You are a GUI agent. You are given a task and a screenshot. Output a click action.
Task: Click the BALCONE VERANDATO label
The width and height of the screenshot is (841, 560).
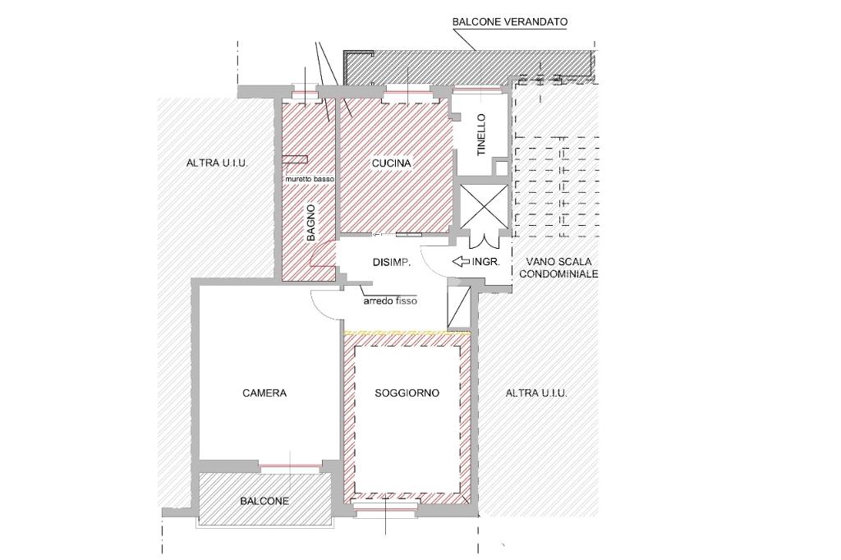(x=509, y=22)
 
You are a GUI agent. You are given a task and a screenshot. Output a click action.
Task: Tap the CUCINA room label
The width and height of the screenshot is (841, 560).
(x=392, y=163)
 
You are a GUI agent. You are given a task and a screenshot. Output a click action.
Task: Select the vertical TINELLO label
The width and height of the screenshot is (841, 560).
(x=480, y=135)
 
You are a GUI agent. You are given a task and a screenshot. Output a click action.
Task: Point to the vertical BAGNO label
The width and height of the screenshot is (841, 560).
(x=311, y=222)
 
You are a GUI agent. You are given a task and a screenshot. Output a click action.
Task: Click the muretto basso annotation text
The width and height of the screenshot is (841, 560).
(x=310, y=178)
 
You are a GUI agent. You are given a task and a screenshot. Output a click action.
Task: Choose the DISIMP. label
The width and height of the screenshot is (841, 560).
(x=392, y=263)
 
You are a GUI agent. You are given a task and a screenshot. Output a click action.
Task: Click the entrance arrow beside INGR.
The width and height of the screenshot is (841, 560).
(x=461, y=262)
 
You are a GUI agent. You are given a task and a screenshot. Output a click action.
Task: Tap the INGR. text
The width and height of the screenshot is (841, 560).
(x=486, y=262)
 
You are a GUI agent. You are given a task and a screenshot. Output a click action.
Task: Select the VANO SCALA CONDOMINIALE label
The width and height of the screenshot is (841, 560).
(x=558, y=268)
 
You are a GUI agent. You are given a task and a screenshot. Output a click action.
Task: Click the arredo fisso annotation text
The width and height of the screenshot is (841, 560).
(x=390, y=301)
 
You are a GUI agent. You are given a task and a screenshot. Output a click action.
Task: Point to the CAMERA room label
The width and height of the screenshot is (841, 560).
(x=264, y=393)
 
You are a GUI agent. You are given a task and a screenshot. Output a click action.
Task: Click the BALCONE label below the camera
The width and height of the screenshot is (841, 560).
(x=264, y=501)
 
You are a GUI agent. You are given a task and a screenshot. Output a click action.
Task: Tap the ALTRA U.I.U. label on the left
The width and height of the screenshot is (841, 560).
(x=217, y=163)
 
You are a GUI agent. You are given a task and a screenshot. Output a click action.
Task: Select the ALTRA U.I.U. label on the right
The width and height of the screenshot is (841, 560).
(x=536, y=393)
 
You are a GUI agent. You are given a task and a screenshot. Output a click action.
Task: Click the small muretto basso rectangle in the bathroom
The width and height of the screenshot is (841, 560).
(x=295, y=158)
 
